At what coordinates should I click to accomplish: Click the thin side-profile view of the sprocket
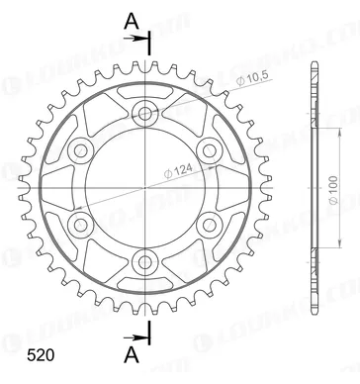(x=314, y=188)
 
